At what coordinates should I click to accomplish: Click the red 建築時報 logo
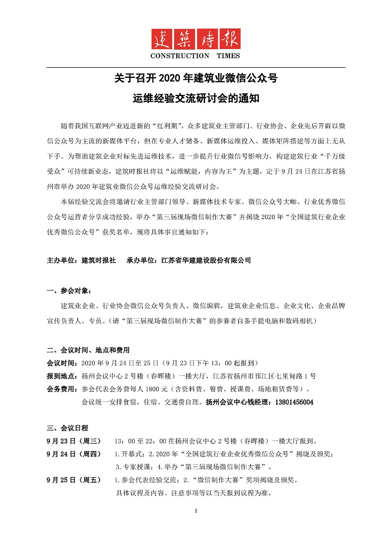[x=195, y=39]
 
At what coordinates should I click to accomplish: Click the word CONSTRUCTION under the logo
[x=180, y=56]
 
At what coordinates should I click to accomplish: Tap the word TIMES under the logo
[x=228, y=56]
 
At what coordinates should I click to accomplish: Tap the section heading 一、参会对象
[x=69, y=291]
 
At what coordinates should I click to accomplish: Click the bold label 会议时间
[x=63, y=363]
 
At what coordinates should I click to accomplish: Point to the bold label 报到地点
[x=63, y=376]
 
